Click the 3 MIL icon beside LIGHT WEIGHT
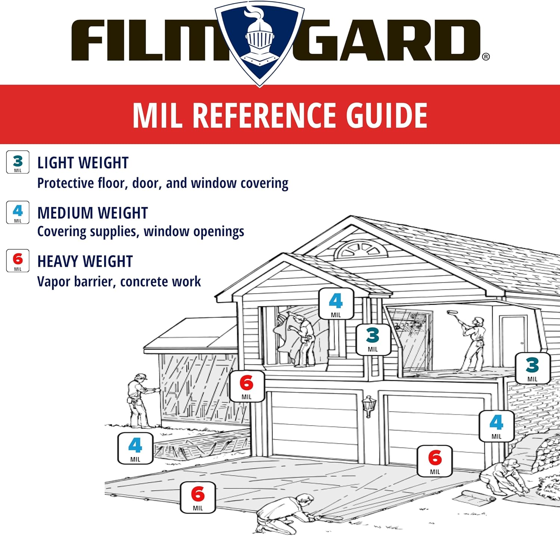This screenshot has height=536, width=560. point(18,162)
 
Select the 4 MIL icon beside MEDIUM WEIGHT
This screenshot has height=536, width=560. point(18,212)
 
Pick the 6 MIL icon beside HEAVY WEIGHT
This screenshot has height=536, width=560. point(18,260)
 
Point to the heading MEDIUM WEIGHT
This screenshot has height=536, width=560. point(93,213)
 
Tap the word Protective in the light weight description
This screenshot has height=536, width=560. point(65,184)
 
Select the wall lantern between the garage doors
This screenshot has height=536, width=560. point(369,406)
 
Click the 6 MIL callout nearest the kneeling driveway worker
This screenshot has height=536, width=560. point(198,498)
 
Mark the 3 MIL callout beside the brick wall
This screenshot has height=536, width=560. point(532,369)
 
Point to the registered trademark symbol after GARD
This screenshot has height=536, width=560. point(486,57)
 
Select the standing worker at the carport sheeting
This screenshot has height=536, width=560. point(139,400)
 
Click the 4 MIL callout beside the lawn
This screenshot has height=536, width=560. point(135,448)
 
